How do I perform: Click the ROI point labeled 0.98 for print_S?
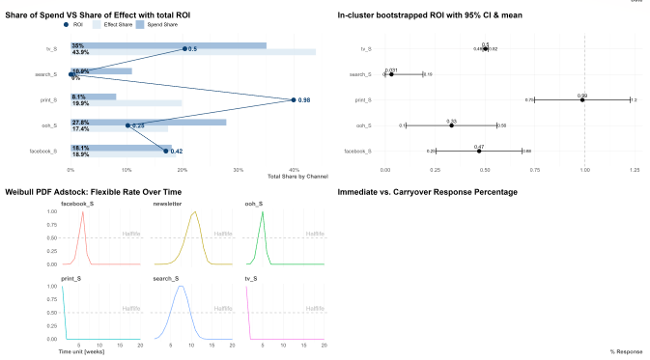[x=293, y=99]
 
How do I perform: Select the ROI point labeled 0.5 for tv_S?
[x=184, y=48]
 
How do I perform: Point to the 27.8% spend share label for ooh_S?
[x=79, y=122]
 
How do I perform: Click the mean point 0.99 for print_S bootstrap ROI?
[x=582, y=99]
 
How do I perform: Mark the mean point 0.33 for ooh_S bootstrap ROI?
[x=451, y=125]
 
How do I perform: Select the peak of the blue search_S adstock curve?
[x=180, y=286]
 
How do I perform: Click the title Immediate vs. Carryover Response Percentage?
[x=427, y=192]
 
